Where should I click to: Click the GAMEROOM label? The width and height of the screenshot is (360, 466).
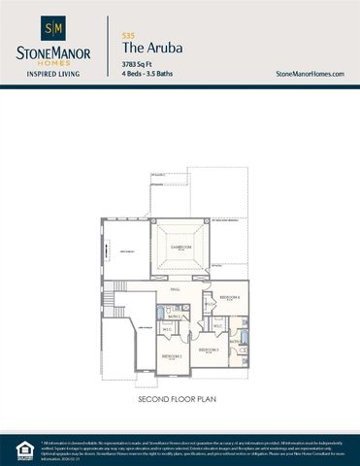pos(181,248)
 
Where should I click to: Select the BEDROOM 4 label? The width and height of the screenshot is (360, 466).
pos(230,297)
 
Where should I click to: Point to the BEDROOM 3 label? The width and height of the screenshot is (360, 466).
pos(172,356)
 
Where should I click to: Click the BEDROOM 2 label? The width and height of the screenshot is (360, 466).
pos(208,349)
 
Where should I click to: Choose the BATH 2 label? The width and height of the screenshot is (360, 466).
pos(175,316)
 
